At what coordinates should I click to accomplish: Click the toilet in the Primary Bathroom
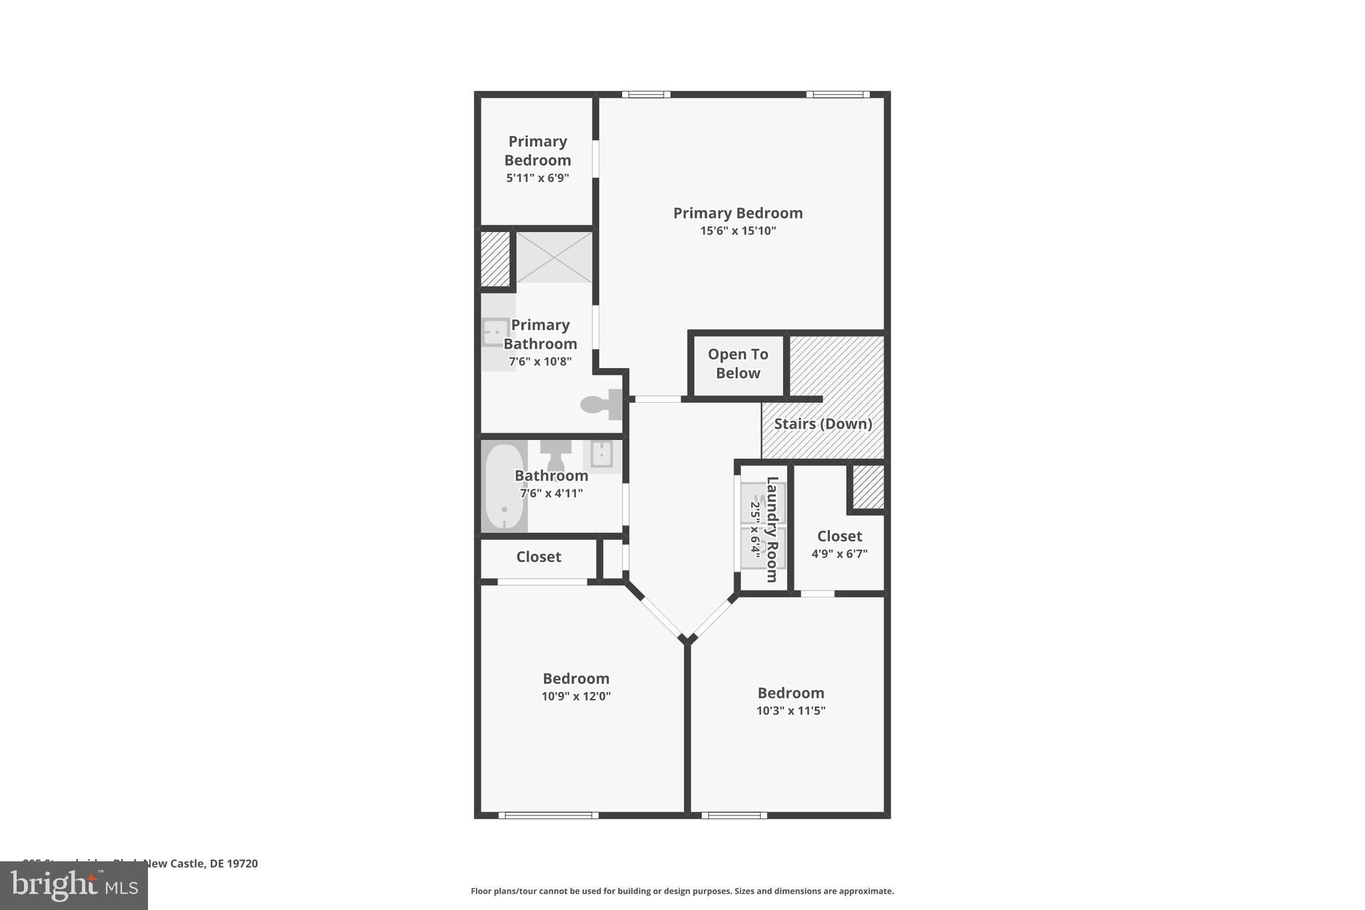[601, 404]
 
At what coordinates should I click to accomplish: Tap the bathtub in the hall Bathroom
[505, 486]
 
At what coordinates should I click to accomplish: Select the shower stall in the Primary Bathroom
[554, 257]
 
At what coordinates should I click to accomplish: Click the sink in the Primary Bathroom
[496, 331]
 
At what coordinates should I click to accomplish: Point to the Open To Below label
[738, 364]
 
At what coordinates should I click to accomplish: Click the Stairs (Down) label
[822, 424]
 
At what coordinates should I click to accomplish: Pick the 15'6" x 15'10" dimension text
[738, 231]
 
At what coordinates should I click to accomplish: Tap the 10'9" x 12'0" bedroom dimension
[576, 697]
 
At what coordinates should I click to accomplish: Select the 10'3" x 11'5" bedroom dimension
[790, 711]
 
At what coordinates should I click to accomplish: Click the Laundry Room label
[772, 529]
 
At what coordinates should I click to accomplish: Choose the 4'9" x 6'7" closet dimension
[839, 554]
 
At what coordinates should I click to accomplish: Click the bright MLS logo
[74, 885]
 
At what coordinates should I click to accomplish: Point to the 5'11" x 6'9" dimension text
[537, 178]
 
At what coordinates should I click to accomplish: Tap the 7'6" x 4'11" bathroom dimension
[551, 494]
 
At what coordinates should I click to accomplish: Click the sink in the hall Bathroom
[602, 455]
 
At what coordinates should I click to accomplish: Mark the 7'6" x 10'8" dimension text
[540, 362]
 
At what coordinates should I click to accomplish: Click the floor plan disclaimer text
[682, 891]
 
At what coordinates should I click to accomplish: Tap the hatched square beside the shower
[495, 259]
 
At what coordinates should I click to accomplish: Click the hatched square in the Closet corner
[868, 487]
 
